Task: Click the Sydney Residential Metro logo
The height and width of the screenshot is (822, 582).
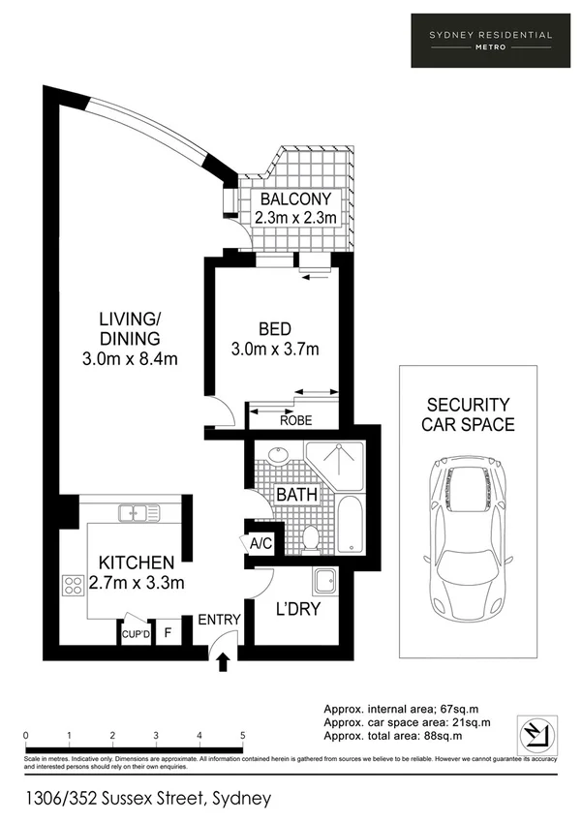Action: pyautogui.click(x=491, y=40)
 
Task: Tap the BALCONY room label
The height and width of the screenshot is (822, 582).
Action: pyautogui.click(x=295, y=199)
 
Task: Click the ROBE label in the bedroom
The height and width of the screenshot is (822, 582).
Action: pyautogui.click(x=295, y=420)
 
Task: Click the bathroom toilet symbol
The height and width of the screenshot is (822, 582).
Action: pyautogui.click(x=312, y=537)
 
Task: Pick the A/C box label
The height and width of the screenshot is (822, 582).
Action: pyautogui.click(x=260, y=543)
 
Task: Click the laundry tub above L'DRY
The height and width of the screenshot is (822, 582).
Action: pyautogui.click(x=323, y=582)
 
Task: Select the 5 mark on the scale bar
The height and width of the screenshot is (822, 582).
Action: pyautogui.click(x=242, y=735)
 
